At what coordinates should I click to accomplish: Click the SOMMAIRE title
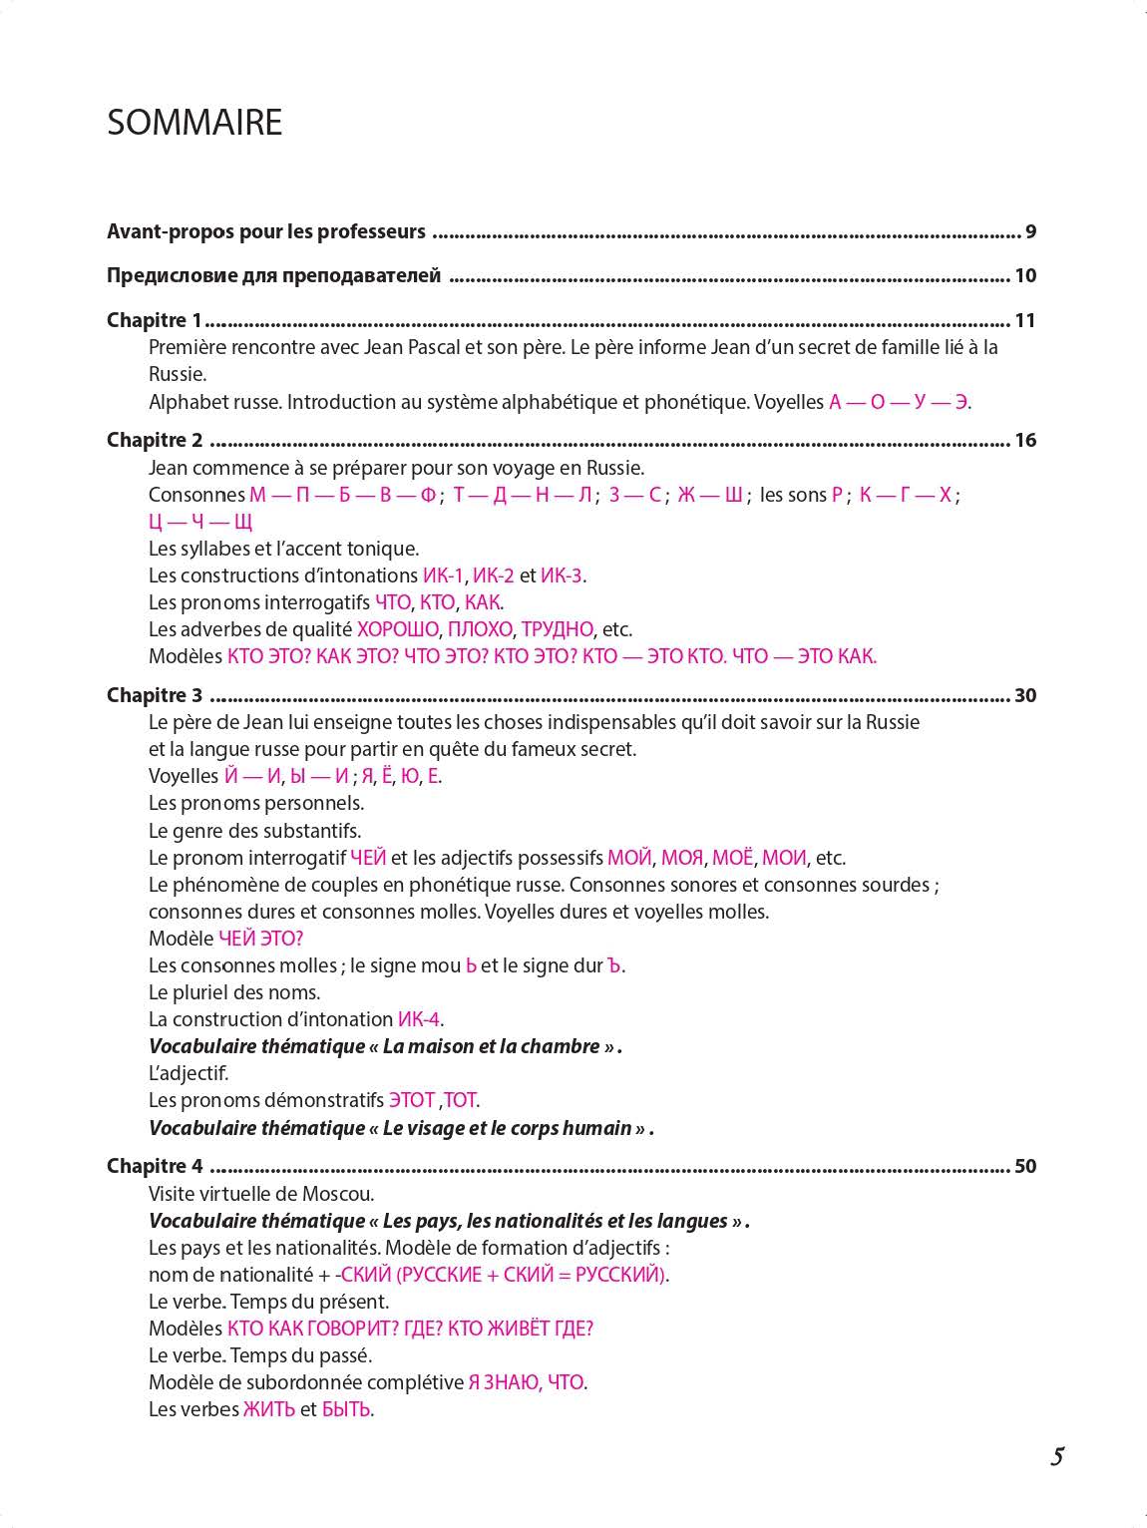[x=194, y=123]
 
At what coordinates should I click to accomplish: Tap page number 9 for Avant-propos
[x=1030, y=232]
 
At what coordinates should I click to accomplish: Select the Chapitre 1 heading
[x=155, y=320]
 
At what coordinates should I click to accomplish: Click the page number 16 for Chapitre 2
[x=1025, y=440]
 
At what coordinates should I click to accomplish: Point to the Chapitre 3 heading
[x=155, y=695]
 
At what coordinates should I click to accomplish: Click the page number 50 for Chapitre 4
[x=1025, y=1166]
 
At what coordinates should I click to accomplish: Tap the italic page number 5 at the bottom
[x=1057, y=1457]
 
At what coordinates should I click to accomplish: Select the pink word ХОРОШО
[x=398, y=629]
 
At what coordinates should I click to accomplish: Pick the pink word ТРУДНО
[x=557, y=629]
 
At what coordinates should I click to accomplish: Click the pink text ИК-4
[x=419, y=1019]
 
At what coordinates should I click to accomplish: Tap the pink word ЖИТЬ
[x=269, y=1409]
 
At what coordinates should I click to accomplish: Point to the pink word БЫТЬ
[x=346, y=1409]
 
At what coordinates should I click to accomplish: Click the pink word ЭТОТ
[x=411, y=1100]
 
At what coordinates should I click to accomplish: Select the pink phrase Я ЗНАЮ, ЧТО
[x=527, y=1382]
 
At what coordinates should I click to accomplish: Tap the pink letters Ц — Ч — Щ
[x=200, y=522]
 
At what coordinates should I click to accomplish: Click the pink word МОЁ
[x=732, y=858]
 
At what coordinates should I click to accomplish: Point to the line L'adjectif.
[x=189, y=1073]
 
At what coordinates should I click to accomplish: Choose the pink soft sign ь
[x=471, y=965]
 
